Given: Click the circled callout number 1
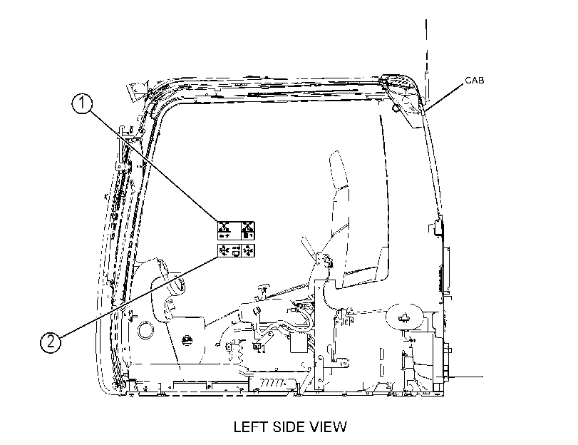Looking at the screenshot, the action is pyautogui.click(x=82, y=103).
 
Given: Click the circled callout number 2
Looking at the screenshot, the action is pyautogui.click(x=51, y=342).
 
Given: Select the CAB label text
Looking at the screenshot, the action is pyautogui.click(x=475, y=80).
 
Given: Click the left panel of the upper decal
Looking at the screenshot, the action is pyautogui.click(x=229, y=230).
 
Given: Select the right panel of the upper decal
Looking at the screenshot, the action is pyautogui.click(x=248, y=230).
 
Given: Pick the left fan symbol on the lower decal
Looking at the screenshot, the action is pyautogui.click(x=223, y=250).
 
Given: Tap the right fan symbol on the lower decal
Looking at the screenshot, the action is pyautogui.click(x=249, y=250).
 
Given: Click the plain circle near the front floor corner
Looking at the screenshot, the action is pyautogui.click(x=145, y=330).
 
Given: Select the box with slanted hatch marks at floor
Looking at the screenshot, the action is pyautogui.click(x=273, y=383).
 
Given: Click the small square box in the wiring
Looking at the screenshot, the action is pyautogui.click(x=299, y=343).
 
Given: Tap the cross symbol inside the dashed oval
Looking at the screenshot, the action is pyautogui.click(x=404, y=317).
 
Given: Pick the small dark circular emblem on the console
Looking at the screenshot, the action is pyautogui.click(x=187, y=340).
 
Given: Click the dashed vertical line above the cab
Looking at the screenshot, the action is pyautogui.click(x=426, y=59).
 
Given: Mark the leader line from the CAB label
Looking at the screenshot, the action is pyautogui.click(x=443, y=97).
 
